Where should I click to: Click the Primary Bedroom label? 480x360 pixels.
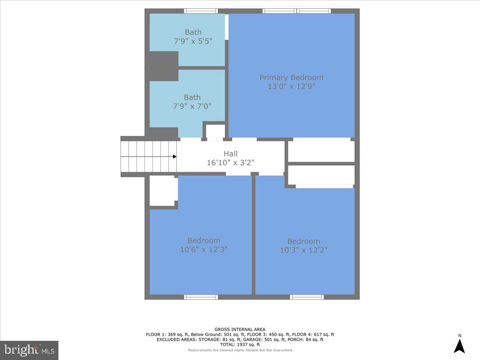[291, 78]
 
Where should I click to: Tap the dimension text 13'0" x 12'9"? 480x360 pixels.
[291, 86]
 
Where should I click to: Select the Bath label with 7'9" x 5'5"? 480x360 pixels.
[193, 32]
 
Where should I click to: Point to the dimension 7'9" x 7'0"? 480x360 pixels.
[192, 106]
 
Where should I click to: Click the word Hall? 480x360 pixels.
[230, 154]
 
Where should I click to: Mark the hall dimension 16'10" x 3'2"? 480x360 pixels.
[230, 162]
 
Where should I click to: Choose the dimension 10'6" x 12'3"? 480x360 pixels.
[204, 249]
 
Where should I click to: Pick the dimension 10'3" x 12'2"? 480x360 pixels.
[304, 250]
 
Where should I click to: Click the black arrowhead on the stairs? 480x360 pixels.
[174, 156]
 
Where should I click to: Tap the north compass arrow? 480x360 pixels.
[459, 346]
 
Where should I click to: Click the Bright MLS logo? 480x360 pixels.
[29, 350]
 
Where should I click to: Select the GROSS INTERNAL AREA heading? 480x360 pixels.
[240, 330]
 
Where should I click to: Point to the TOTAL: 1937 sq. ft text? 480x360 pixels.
[240, 344]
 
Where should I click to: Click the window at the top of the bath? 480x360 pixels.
[201, 11]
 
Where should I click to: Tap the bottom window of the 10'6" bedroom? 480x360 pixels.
[201, 297]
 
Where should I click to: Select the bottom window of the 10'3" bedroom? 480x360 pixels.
[307, 297]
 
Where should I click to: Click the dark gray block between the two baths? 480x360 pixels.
[162, 66]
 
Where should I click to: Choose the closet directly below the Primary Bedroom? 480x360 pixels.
[321, 151]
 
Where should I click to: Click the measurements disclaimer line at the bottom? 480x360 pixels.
[240, 350]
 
